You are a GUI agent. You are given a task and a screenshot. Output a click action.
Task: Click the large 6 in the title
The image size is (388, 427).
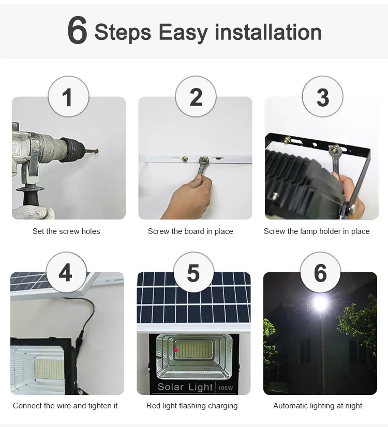77,30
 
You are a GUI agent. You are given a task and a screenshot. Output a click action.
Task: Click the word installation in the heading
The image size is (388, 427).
268,32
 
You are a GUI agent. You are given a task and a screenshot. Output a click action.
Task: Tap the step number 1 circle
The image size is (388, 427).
68,96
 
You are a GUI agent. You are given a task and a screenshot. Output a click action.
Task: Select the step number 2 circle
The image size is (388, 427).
196,96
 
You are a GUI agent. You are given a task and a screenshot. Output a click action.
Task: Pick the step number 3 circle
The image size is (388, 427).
322,96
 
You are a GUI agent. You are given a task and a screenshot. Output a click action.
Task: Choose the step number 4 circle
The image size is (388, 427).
66,272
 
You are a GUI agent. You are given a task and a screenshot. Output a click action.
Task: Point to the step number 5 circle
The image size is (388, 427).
193,272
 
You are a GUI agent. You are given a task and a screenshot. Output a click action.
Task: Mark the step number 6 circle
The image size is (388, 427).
320,272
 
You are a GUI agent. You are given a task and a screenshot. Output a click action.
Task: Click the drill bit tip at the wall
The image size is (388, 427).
97,150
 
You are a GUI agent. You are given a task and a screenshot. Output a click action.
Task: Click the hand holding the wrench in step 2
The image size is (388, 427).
191,197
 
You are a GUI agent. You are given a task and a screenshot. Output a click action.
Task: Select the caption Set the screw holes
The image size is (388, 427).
66,231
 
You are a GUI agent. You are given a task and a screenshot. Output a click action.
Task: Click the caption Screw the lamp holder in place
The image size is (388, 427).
317,231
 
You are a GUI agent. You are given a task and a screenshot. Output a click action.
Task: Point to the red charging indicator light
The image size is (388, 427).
176,350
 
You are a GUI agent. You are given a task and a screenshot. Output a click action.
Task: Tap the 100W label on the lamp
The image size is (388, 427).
226,388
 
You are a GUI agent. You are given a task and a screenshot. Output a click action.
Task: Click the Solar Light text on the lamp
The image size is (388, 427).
185,387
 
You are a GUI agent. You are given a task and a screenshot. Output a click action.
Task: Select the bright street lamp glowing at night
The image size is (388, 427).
320,302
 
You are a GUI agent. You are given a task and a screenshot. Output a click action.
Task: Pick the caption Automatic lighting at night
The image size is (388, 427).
318,406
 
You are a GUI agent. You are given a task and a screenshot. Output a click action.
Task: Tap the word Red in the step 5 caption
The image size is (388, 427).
153,406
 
